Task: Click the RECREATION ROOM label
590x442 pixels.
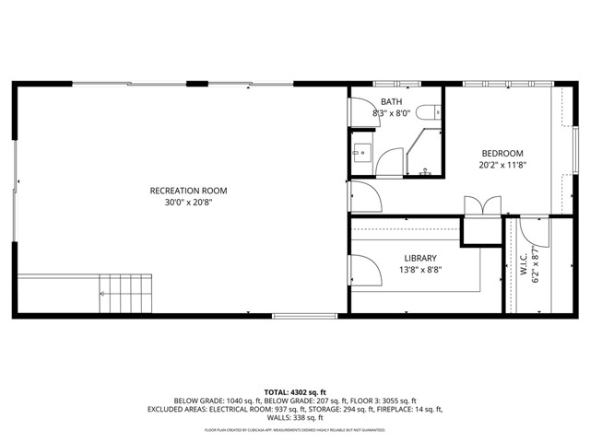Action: coord(188,191)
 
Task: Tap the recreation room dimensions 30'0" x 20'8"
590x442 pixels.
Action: coord(188,203)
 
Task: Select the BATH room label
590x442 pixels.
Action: coord(390,101)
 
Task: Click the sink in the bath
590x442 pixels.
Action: coord(361,153)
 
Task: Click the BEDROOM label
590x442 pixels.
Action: coord(501,153)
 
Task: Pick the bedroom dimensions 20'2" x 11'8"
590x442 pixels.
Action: coord(501,166)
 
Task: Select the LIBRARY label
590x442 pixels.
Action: coord(419,258)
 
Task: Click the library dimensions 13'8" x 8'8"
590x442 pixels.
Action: coord(419,271)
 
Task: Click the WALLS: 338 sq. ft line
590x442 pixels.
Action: coord(295,418)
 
